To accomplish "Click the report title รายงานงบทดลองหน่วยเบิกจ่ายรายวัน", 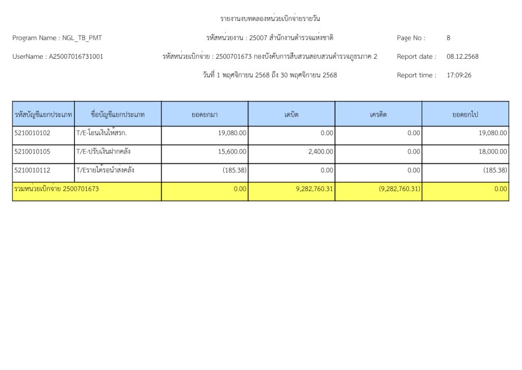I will coord(270,19).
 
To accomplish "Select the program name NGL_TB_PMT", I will coord(82,38).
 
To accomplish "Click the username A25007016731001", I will coord(76,57).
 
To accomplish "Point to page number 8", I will coord(448,38).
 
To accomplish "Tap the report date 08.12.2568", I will coord(462,57).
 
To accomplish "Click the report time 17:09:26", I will coord(459,75).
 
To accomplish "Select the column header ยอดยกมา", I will coord(204,115).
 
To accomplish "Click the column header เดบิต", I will coord(291,115).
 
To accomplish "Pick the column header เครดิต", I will coord(378,115).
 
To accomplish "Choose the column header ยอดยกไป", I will coord(465,115).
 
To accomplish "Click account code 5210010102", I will coord(33,133).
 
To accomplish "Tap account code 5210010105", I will coord(33,152).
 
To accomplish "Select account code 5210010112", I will coord(33,170).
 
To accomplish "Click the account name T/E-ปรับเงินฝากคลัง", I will coord(102,152).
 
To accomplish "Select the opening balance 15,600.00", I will coord(232,152).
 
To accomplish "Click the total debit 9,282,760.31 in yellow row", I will coord(315,189).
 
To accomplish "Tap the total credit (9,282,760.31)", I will coord(399,189).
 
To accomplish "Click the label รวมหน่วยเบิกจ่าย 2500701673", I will coord(57,189).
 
